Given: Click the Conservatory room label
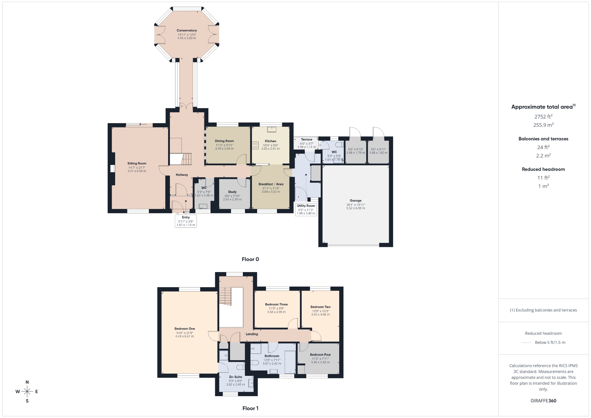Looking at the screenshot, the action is click(x=187, y=30).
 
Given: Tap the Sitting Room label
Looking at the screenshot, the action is click(x=137, y=163).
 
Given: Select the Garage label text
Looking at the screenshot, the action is click(x=356, y=200).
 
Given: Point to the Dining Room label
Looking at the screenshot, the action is click(x=224, y=141).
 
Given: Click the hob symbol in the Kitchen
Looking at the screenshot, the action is click(x=255, y=145).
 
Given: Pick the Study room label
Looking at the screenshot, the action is click(x=232, y=192).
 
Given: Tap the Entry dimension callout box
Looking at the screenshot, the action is click(x=186, y=221).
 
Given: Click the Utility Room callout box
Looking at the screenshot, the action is click(x=306, y=209).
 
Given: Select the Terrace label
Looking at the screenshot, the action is click(x=307, y=139).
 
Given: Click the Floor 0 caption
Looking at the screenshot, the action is click(x=250, y=259).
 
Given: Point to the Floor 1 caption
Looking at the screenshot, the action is click(x=250, y=408).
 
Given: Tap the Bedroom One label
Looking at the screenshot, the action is click(x=185, y=329).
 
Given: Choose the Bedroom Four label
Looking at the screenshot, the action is click(x=320, y=355).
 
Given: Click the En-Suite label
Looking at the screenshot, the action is click(x=236, y=377).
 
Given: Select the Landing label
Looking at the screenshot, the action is click(x=252, y=334).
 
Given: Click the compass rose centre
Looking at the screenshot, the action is click(x=27, y=392).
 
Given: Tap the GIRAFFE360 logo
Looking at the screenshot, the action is click(x=543, y=401).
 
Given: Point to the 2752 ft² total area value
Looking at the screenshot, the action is click(x=543, y=116).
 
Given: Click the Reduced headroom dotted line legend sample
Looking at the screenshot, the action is click(x=527, y=342).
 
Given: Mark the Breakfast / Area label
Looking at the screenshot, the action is click(x=271, y=184).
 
